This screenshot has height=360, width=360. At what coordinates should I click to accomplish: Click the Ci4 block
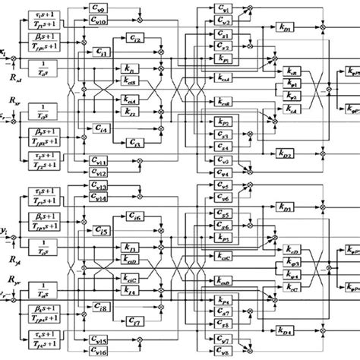(103, 126)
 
